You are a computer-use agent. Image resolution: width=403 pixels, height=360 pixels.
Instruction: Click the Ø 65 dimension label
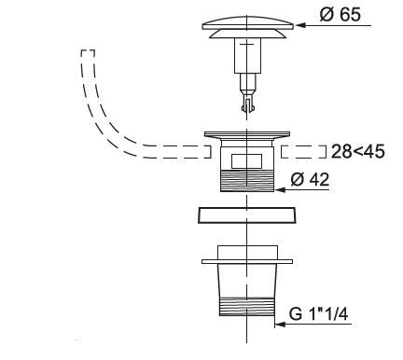pos(340,14)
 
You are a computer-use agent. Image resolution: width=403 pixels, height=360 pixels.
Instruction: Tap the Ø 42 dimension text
pos(310,179)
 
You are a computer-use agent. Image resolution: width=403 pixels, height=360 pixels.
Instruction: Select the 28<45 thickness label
pos(357,152)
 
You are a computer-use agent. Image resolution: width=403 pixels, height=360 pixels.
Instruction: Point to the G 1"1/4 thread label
pos(318,313)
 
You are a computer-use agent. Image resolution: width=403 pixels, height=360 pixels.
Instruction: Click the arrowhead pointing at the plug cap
pos(300,25)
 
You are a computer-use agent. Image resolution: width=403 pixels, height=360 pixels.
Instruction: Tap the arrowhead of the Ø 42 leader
pos(280,189)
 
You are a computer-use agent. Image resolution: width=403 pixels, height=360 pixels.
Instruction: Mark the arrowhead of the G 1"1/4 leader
pos(280,325)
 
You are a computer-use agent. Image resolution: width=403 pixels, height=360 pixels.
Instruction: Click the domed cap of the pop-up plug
pos(247,22)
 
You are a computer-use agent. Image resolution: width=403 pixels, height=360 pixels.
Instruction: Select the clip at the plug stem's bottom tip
pos(248,104)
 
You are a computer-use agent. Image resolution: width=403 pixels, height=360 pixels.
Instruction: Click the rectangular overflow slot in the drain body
pos(247,161)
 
